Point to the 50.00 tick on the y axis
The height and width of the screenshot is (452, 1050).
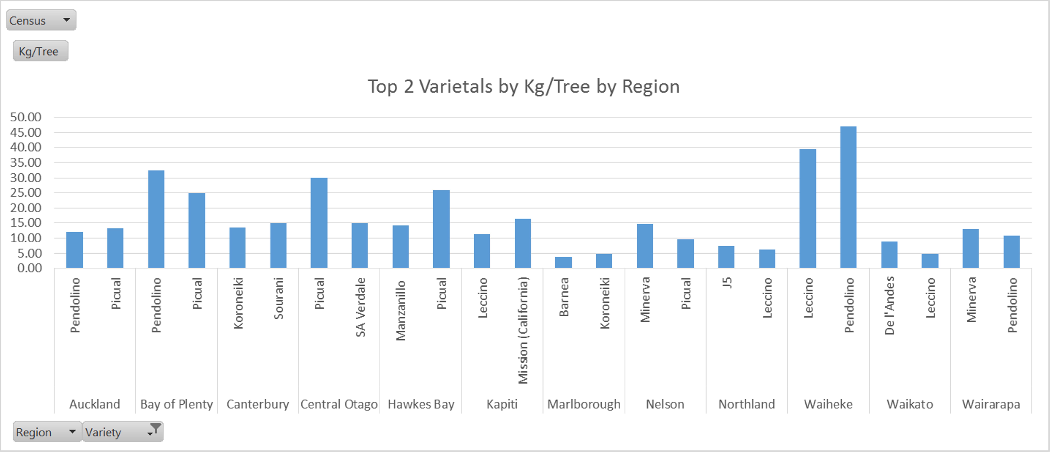[x=26, y=117]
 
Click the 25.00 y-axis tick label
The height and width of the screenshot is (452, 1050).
[x=26, y=193]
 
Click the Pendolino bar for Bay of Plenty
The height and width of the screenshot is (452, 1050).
[x=156, y=219]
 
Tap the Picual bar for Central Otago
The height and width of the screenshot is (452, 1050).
[x=319, y=223]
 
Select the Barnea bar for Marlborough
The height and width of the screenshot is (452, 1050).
[x=563, y=262]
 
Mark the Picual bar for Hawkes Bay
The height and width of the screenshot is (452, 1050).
[x=441, y=229]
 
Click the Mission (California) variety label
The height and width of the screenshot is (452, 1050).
[x=523, y=330]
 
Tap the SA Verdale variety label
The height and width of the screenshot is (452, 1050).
[x=360, y=307]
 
